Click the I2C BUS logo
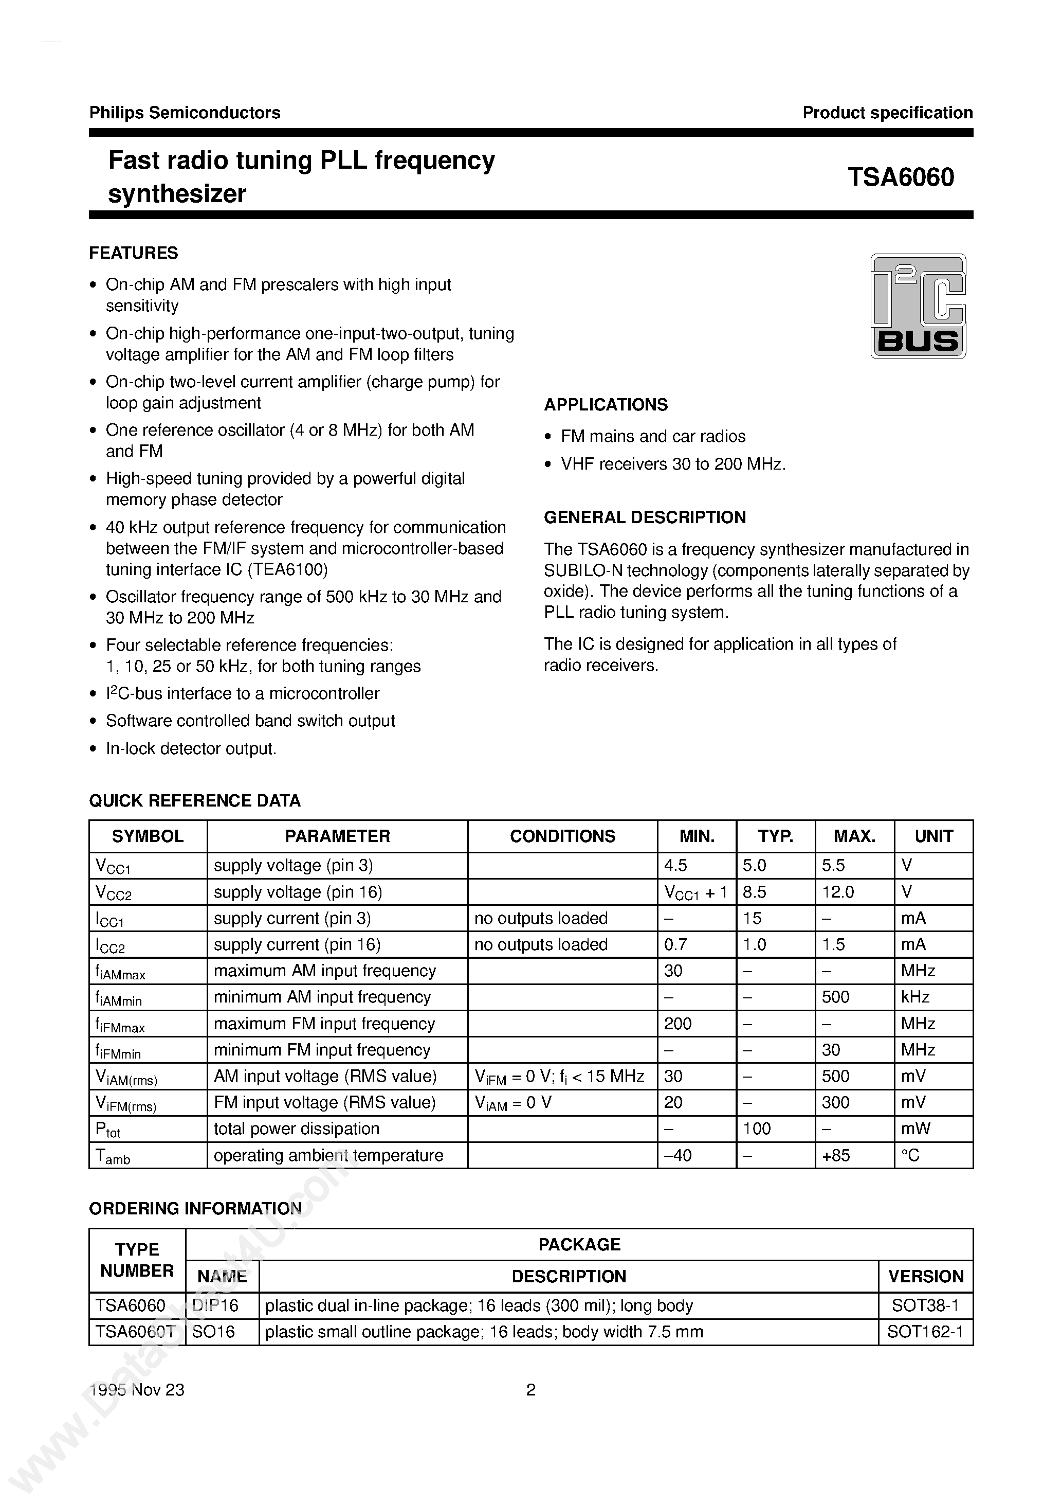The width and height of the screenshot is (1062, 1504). point(918,306)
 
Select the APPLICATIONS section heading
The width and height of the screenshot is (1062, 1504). point(606,405)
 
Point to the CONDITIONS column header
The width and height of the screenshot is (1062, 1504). point(562,836)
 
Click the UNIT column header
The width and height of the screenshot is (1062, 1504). point(933,836)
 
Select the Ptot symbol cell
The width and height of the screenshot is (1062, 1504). point(108,1130)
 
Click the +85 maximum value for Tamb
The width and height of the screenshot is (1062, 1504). point(836,1155)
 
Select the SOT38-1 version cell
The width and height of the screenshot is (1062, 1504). point(925,1305)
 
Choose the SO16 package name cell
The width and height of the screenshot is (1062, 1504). point(213,1332)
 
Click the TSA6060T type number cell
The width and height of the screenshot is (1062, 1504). point(135,1332)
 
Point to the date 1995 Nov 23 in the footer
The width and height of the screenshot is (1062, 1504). point(137,1390)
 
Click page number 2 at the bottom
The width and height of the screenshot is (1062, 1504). point(531,1390)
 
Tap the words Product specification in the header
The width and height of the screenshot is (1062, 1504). point(887,113)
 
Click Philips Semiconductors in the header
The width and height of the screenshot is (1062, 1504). point(185,113)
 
